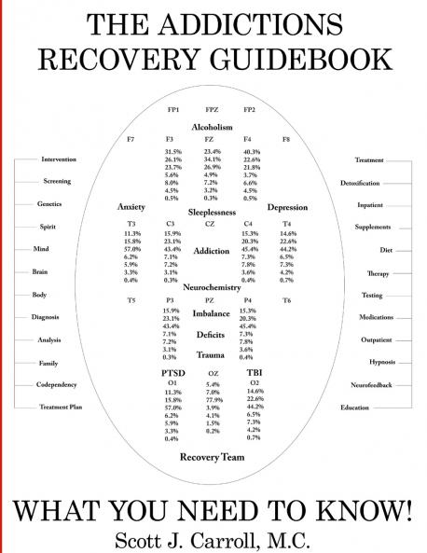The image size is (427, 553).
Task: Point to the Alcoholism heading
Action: tap(212, 126)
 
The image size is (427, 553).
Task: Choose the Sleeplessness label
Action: tap(212, 212)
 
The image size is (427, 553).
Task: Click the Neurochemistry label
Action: tap(212, 287)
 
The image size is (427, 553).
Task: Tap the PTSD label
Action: tap(172, 372)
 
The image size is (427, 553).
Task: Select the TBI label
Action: tap(254, 372)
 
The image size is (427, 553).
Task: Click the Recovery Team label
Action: tap(212, 456)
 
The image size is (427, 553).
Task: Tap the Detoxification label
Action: tap(360, 183)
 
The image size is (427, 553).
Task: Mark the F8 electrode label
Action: tap(286, 139)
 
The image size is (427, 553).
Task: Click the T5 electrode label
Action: tap(131, 300)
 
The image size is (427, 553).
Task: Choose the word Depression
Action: tap(287, 207)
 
